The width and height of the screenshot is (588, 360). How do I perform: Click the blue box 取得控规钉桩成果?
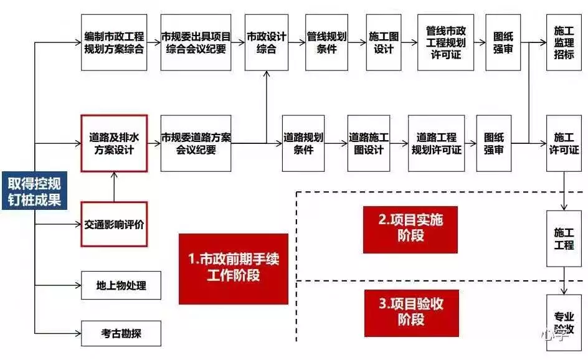pyautogui.click(x=34, y=192)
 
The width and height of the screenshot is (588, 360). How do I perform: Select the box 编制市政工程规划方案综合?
pyautogui.click(x=114, y=42)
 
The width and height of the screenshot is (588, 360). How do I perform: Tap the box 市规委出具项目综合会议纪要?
pyautogui.click(x=196, y=42)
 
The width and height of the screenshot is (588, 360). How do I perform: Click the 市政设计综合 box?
pyautogui.click(x=267, y=42)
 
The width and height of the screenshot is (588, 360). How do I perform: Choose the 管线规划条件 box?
pyautogui.click(x=326, y=42)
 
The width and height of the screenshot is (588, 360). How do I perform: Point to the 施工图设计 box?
pyautogui.click(x=384, y=42)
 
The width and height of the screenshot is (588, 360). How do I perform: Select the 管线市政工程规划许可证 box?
pyautogui.click(x=445, y=42)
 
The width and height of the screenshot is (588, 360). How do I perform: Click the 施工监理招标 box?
pyautogui.click(x=564, y=42)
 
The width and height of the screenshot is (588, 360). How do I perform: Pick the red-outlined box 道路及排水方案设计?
pyautogui.click(x=114, y=143)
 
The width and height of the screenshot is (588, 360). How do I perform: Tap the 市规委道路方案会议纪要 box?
pyautogui.click(x=196, y=143)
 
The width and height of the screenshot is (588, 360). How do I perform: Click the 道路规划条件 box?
pyautogui.click(x=303, y=143)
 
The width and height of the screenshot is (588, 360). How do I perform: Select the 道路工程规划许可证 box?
pyautogui.click(x=436, y=143)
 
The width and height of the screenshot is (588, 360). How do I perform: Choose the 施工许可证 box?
pyautogui.click(x=564, y=143)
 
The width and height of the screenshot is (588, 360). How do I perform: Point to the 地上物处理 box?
pyautogui.click(x=121, y=285)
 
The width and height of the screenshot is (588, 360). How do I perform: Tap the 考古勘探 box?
pyautogui.click(x=121, y=333)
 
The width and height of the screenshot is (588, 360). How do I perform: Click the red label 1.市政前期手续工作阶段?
pyautogui.click(x=233, y=268)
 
